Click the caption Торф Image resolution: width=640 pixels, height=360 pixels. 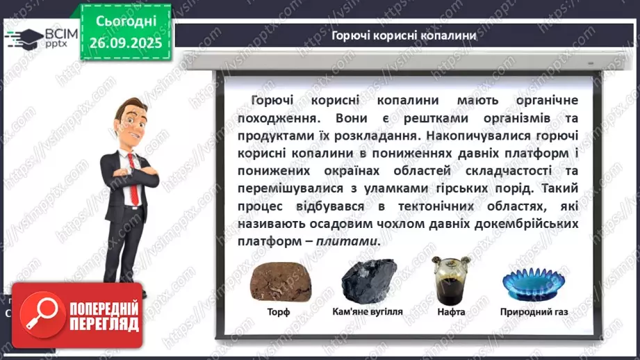coord(279,312)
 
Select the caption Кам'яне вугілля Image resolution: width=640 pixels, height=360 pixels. coord(367,312)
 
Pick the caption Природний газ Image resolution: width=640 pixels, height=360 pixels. coord(534,312)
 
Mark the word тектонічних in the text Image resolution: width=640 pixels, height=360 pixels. coord(445,206)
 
